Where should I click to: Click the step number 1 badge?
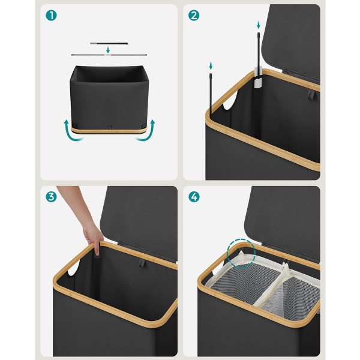pyautogui.click(x=51, y=16)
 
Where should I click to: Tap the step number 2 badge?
pyautogui.click(x=194, y=16)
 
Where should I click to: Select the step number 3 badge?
pyautogui.click(x=51, y=197)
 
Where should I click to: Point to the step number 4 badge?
pyautogui.click(x=194, y=197)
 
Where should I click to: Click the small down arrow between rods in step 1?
pyautogui.click(x=108, y=50)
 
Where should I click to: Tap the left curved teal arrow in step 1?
pyautogui.click(x=70, y=133)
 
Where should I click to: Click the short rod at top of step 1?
pyautogui.click(x=109, y=43)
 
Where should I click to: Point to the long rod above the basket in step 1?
pyautogui.click(x=109, y=55)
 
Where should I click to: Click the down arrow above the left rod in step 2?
pyautogui.click(x=211, y=65)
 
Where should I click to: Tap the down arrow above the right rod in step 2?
pyautogui.click(x=259, y=25)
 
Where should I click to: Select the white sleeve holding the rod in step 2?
pyautogui.click(x=258, y=77)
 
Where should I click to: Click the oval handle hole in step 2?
pyautogui.click(x=230, y=100)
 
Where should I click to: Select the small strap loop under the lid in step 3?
pyautogui.click(x=142, y=262)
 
